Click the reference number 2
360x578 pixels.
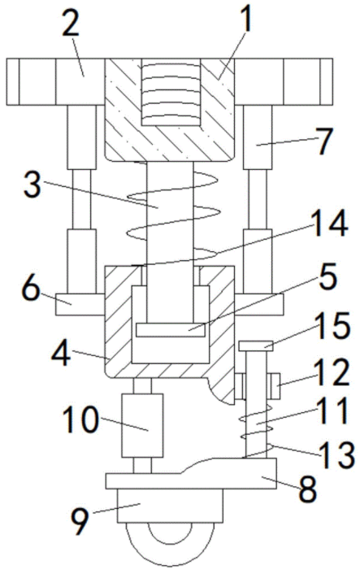point(72,20)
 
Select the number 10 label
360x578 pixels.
point(80,419)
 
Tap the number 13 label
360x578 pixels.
point(337,455)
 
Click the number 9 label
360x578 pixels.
point(80,523)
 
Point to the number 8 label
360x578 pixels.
point(308,489)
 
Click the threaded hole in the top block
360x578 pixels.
point(171,92)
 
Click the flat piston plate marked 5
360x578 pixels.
point(171,329)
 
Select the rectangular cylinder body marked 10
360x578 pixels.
point(142,425)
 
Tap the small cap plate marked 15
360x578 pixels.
point(256,345)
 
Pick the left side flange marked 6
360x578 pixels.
point(80,304)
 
